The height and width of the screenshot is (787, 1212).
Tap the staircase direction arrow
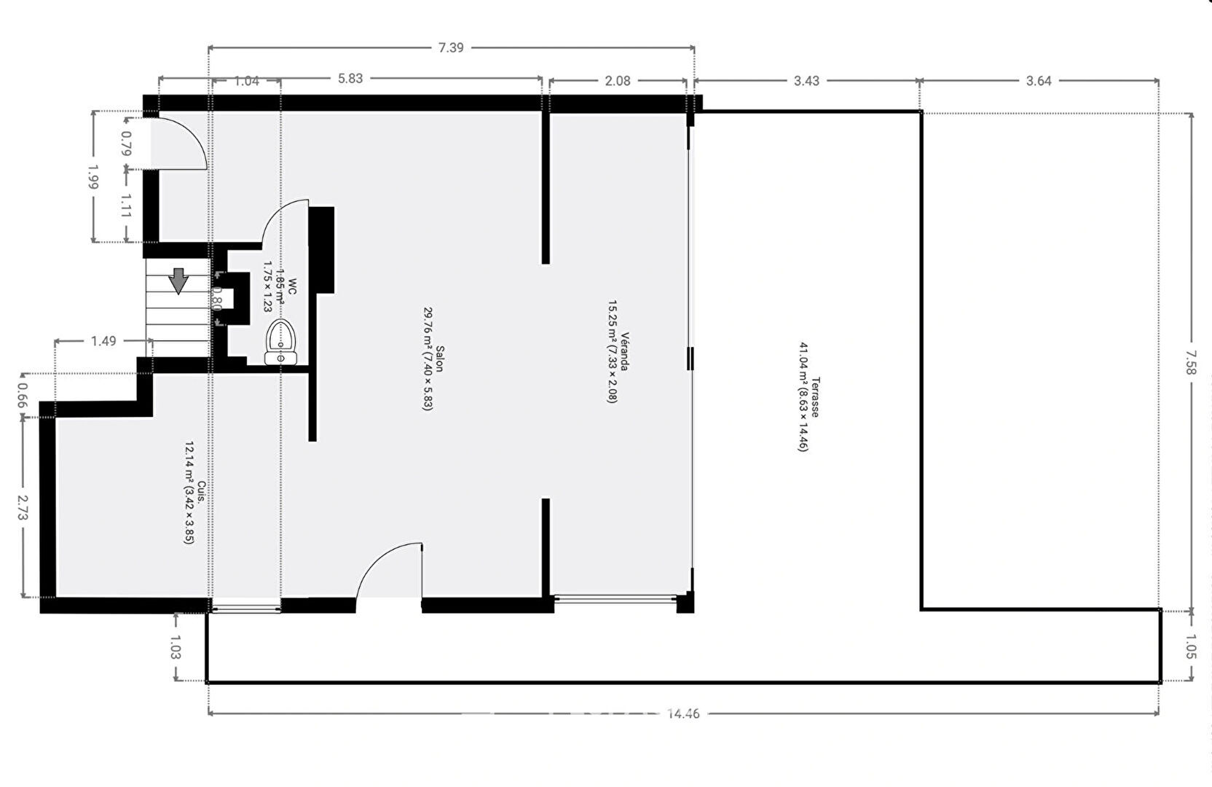pos(178,281)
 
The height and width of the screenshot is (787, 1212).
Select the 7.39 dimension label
pos(451,48)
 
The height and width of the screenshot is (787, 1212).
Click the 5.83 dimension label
pos(350,79)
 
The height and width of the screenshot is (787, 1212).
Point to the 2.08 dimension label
pos(618,81)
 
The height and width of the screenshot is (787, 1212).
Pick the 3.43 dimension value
pos(806,81)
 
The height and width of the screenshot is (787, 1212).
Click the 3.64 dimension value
pos(1039,81)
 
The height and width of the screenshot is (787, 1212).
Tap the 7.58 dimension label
pos(1190,362)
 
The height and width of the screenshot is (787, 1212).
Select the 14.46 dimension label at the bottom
pos(683,713)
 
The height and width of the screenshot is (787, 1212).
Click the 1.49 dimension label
pos(103,341)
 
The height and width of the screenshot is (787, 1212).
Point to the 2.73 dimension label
pos(23,507)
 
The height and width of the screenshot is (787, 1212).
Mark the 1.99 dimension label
pos(93,177)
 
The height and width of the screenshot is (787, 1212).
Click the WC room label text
pos(292,286)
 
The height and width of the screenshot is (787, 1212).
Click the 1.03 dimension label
pos(175,647)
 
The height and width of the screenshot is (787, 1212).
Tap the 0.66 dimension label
pos(22,396)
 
